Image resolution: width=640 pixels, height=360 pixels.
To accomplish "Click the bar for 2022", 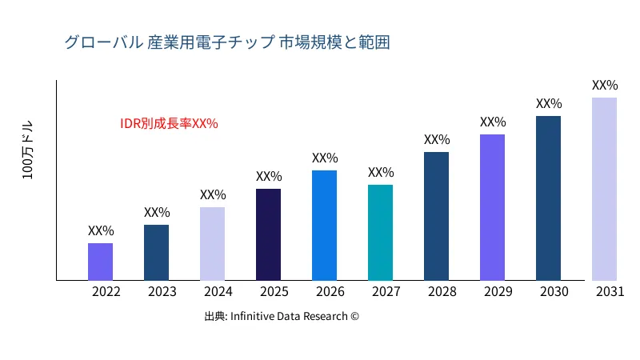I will pyautogui.click(x=100, y=262).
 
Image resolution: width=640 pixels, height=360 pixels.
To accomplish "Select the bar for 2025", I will pyautogui.click(x=268, y=234).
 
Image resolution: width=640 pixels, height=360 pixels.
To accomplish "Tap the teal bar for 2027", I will pyautogui.click(x=380, y=232).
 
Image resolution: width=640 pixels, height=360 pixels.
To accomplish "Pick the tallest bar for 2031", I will pyautogui.click(x=604, y=189).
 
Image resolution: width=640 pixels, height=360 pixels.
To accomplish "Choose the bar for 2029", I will pyautogui.click(x=492, y=207).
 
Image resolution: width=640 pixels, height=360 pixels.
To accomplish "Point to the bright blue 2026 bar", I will pyautogui.click(x=324, y=225).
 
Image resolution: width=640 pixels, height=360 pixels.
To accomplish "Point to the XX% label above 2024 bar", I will pyautogui.click(x=213, y=194).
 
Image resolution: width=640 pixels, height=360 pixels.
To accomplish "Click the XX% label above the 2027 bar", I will pyautogui.click(x=381, y=172).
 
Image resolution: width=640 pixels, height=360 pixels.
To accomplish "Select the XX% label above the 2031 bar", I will pyautogui.click(x=605, y=85).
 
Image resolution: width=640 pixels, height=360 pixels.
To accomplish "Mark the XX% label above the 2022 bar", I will pyautogui.click(x=101, y=230).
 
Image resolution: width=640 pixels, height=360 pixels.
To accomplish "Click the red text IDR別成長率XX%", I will pyautogui.click(x=169, y=123).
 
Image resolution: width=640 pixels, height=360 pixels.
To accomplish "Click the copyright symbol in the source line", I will pyautogui.click(x=354, y=316).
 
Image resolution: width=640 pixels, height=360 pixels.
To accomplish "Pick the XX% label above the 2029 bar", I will pyautogui.click(x=493, y=122).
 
